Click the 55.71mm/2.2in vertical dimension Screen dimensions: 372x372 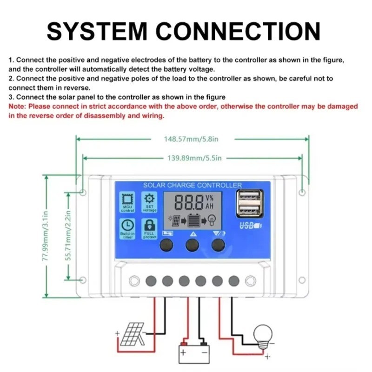tap(69, 236)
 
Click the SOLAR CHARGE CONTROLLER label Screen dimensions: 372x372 tap(192, 185)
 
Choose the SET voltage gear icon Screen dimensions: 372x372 tap(150, 199)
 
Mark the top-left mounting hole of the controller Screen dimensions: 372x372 tap(83, 192)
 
